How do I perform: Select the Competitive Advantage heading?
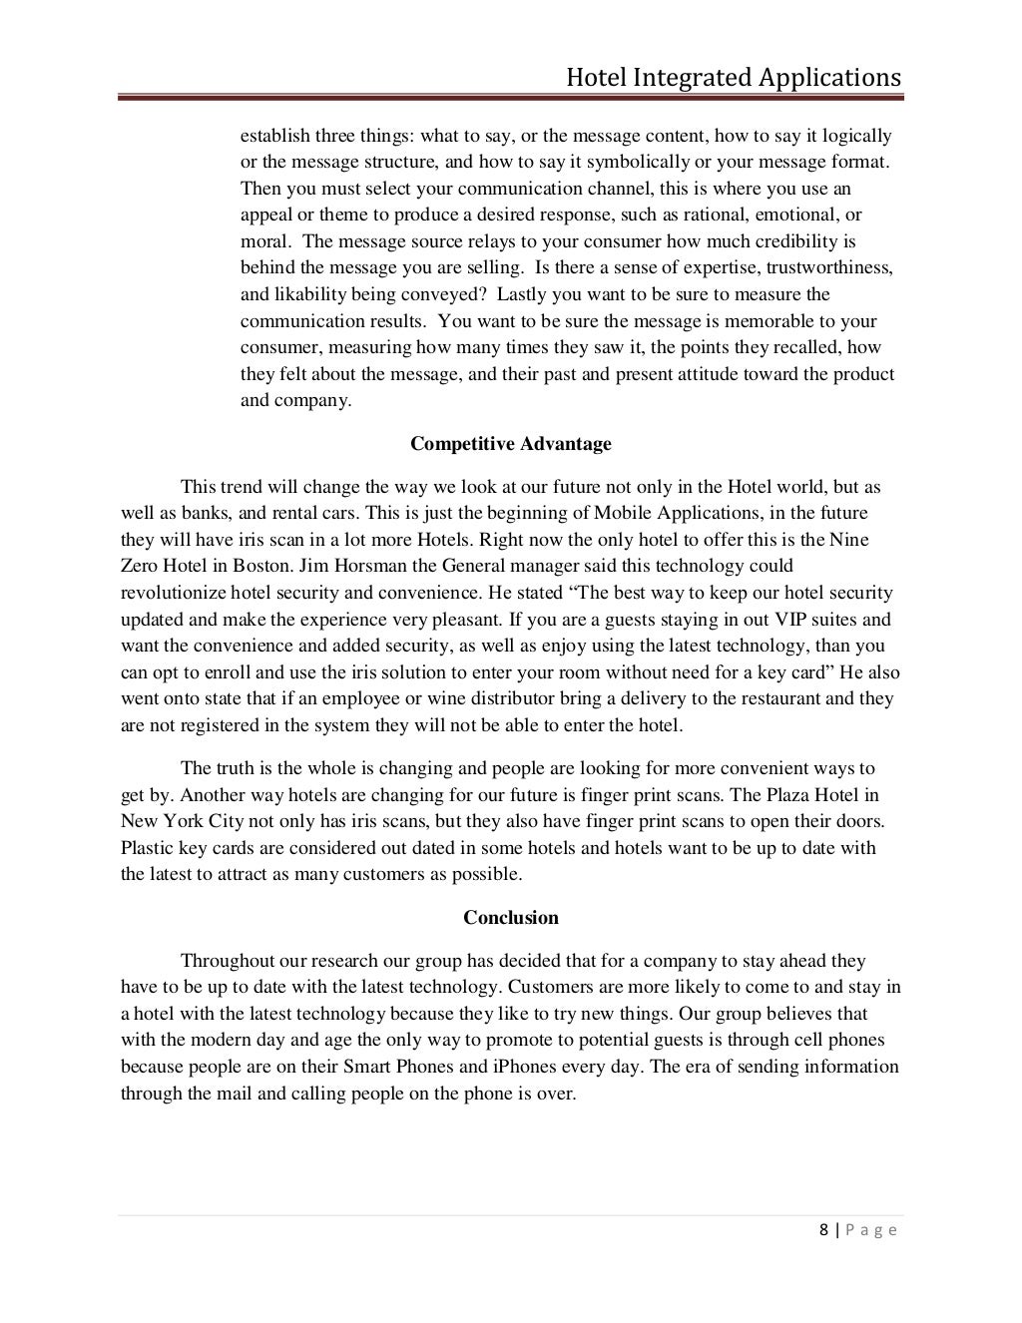click(510, 444)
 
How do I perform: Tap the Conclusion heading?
click(511, 917)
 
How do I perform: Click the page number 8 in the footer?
click(823, 1229)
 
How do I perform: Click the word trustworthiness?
click(831, 267)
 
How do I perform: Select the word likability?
click(311, 294)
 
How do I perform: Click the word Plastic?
click(148, 848)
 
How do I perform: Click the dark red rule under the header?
click(510, 98)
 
